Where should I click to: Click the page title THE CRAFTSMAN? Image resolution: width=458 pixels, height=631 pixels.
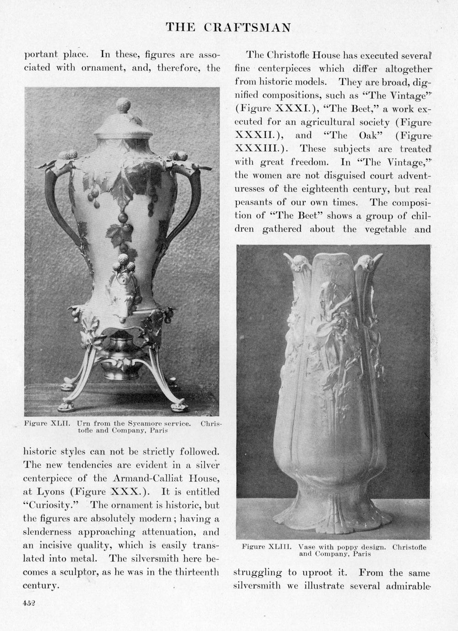[228, 28]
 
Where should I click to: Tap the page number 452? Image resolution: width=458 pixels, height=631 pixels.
[29, 603]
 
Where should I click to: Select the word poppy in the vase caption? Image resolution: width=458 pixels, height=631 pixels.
[336, 546]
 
